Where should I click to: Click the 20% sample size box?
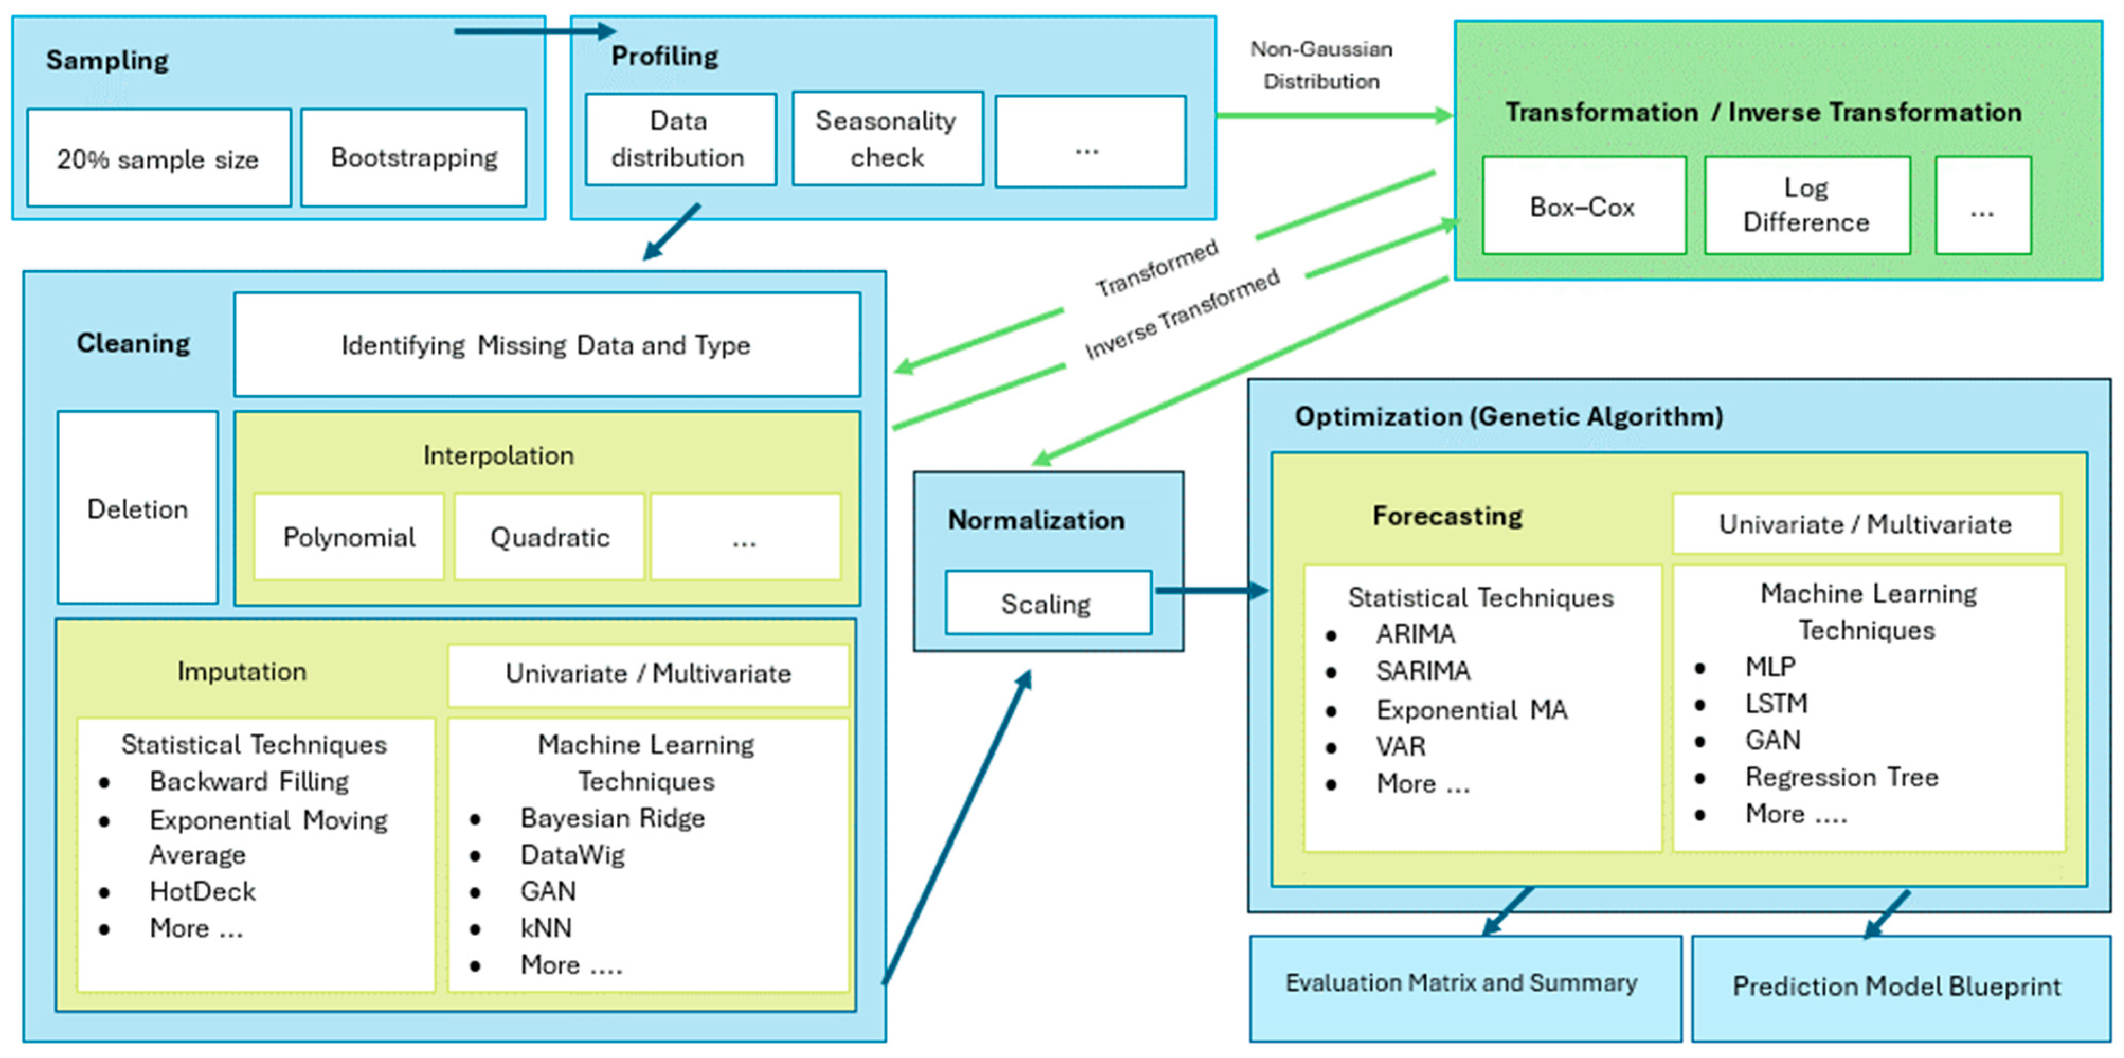(158, 158)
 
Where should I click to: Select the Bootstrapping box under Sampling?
(414, 157)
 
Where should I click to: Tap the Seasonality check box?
(887, 139)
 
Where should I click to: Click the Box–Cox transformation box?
(1583, 206)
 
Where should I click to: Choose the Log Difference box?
(1806, 205)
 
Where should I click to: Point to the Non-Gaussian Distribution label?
(1321, 65)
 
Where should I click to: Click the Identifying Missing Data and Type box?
(547, 345)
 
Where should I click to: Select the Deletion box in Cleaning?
(138, 509)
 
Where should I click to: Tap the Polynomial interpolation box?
(349, 537)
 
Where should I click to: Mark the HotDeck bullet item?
(202, 891)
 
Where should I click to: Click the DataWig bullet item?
(572, 855)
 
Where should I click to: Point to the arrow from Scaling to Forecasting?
(1210, 590)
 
